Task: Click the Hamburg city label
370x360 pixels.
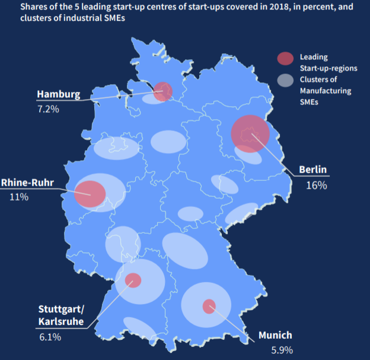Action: pos(58,94)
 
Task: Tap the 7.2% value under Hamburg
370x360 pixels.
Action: pos(47,109)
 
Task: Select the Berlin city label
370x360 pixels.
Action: pos(312,170)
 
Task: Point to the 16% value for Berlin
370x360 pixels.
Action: pos(316,185)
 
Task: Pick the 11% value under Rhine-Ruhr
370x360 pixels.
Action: pos(19,196)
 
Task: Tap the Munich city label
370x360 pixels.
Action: pos(275,335)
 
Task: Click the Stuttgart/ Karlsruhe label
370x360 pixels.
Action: pos(61,316)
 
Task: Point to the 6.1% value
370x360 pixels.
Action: pos(50,337)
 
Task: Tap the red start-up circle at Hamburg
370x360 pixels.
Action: pos(162,91)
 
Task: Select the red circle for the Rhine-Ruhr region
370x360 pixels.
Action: pos(90,194)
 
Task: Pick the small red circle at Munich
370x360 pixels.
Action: pos(209,306)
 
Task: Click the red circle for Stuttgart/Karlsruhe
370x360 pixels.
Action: pos(133,279)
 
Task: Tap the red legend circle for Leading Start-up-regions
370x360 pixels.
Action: pos(285,58)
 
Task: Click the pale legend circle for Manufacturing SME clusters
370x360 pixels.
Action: pos(285,81)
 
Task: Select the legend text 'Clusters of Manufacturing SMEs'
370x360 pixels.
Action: pos(325,90)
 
